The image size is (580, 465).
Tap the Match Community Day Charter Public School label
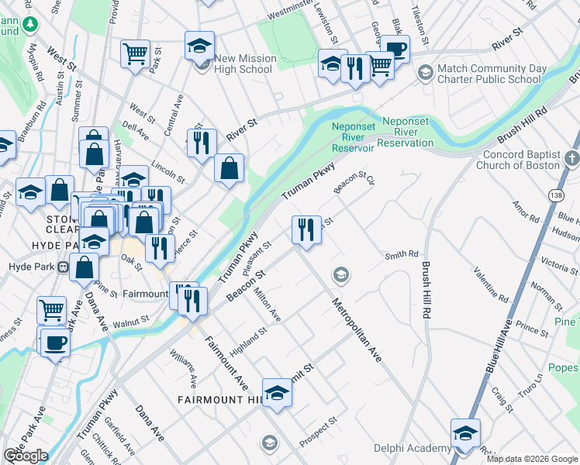489,74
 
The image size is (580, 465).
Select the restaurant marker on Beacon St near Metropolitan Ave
306,229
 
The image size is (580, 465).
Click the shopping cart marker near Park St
135,54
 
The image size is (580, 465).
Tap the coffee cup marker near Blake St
395,49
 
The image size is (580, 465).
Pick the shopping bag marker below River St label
230,168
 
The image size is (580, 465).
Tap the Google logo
26,456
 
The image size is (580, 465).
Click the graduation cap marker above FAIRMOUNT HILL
277,393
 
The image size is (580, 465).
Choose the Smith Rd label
402,254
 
